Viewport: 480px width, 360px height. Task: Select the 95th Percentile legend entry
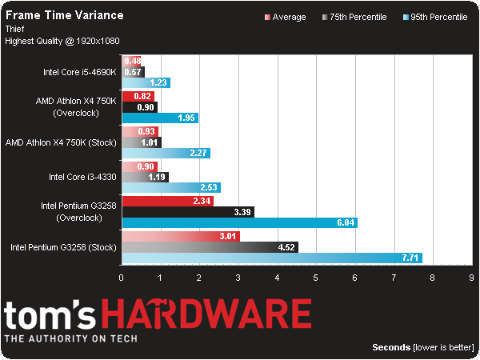coord(436,17)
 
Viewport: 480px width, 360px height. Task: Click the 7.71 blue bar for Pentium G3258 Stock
coord(271,258)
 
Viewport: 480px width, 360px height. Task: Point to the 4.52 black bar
coord(209,247)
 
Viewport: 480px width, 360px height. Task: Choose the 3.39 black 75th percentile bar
coord(187,212)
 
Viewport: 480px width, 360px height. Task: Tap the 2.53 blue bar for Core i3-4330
coord(170,188)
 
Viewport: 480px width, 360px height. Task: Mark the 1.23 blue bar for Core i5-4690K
coord(145,82)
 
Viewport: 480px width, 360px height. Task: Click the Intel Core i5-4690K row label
coord(79,71)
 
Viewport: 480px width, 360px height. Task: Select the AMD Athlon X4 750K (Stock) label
coord(61,142)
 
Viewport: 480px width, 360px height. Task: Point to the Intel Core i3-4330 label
coord(82,177)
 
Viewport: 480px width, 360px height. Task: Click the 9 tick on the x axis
coord(471,278)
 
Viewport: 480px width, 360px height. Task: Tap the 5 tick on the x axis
coord(315,278)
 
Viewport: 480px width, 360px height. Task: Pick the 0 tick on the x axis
coord(121,278)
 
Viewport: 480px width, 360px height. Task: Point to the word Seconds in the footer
coord(392,347)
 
